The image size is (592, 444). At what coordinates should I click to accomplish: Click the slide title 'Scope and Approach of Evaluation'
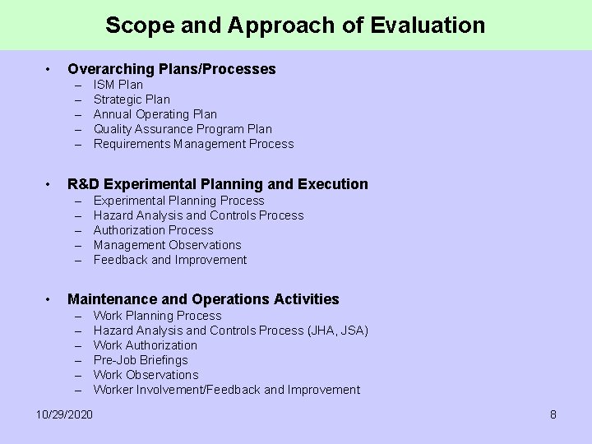coord(295,25)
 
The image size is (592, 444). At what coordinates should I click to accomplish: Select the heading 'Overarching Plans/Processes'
coord(171,69)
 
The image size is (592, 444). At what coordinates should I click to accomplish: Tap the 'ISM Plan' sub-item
coord(118,85)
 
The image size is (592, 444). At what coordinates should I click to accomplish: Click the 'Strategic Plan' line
coord(132,99)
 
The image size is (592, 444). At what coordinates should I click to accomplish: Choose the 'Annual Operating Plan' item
coord(155,114)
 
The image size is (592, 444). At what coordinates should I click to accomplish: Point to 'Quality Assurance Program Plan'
coord(183,129)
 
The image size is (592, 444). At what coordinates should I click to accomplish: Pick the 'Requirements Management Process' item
coord(193,144)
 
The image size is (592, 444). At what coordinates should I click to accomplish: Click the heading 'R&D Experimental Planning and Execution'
coord(218,184)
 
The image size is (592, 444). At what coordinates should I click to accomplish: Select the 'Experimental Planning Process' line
coord(179,200)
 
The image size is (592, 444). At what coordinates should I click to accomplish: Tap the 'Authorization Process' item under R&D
coord(153,230)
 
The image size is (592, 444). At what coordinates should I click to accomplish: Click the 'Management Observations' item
coord(168,245)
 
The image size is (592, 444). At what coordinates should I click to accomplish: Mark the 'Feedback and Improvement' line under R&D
coord(170,260)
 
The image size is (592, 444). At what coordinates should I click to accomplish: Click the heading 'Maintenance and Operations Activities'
coord(203,299)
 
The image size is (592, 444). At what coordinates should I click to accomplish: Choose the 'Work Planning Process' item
coord(157,316)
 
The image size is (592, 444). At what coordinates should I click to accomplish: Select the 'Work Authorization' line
coord(146,345)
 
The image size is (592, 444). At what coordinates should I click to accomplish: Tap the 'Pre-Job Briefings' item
coord(141,360)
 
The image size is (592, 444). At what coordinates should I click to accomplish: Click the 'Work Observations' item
coord(146,375)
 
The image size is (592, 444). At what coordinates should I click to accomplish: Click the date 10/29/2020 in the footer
coord(65,414)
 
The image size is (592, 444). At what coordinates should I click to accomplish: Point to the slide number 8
coord(553,414)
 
